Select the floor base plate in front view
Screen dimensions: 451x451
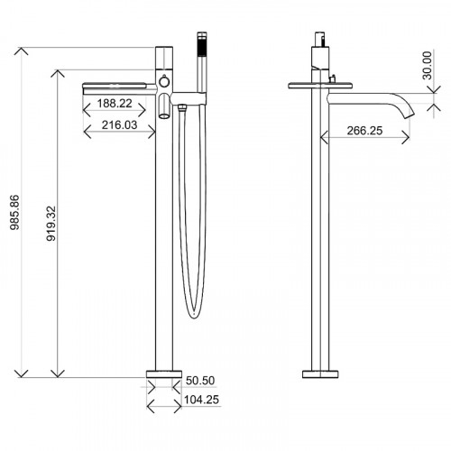163,373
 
